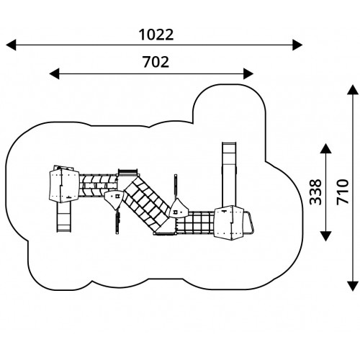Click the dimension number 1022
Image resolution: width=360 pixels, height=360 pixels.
click(x=156, y=35)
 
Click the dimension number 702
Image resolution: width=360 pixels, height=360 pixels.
click(x=156, y=62)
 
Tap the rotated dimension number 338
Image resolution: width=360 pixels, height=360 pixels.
click(x=315, y=192)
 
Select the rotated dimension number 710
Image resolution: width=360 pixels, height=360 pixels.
click(x=343, y=192)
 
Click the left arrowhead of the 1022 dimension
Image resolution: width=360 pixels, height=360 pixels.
click(x=11, y=45)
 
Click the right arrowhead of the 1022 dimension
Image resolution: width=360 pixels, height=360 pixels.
click(x=297, y=45)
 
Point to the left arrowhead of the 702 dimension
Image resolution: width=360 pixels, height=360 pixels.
click(x=54, y=73)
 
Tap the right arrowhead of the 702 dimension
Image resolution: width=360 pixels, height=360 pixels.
click(x=248, y=73)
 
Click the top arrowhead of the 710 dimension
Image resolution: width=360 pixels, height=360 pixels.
click(x=353, y=90)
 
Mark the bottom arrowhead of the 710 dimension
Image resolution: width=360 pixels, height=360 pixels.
click(x=353, y=286)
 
